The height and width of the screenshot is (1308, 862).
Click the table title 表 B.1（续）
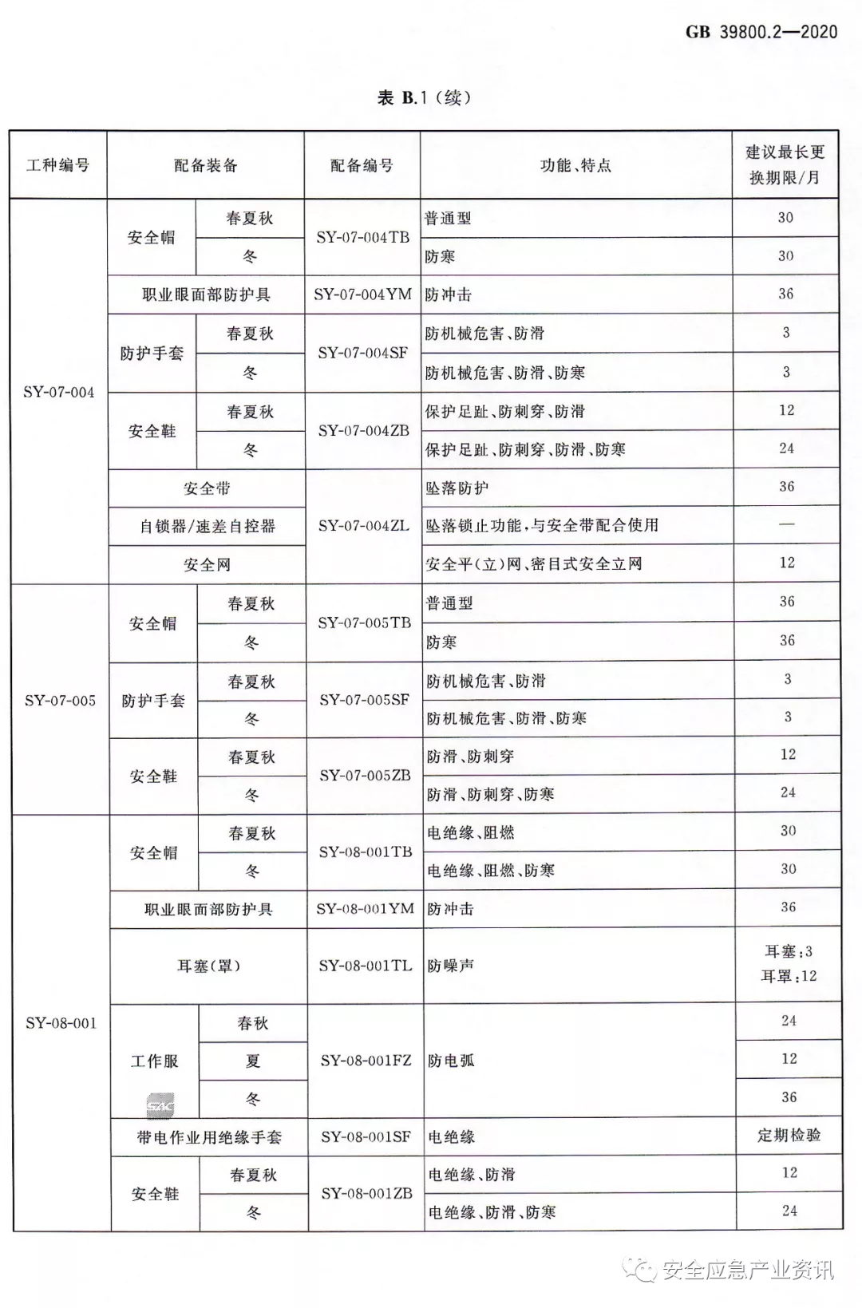click(424, 98)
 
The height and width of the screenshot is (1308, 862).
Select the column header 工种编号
click(57, 165)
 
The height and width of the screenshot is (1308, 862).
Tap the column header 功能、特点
click(575, 165)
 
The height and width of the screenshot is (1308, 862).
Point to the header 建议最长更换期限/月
click(785, 164)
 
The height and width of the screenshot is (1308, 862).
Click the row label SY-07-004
click(58, 392)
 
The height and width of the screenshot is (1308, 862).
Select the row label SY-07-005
click(60, 700)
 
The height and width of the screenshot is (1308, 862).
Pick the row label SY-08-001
click(61, 1023)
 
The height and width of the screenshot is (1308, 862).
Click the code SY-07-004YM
click(362, 294)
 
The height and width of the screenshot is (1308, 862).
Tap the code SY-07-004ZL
click(363, 526)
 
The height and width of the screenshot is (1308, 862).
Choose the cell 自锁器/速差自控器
click(208, 526)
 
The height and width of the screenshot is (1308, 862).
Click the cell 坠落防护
click(457, 488)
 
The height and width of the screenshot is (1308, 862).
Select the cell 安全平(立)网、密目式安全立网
click(533, 564)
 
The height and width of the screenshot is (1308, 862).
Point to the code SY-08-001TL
click(366, 966)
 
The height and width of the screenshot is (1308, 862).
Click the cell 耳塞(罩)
click(208, 966)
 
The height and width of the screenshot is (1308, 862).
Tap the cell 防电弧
click(451, 1061)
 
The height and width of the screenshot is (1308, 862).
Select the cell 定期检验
click(789, 1135)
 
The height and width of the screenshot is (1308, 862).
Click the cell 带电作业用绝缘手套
click(209, 1137)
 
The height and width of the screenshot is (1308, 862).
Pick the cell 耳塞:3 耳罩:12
click(789, 963)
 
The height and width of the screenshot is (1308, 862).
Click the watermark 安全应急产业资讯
click(746, 1269)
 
